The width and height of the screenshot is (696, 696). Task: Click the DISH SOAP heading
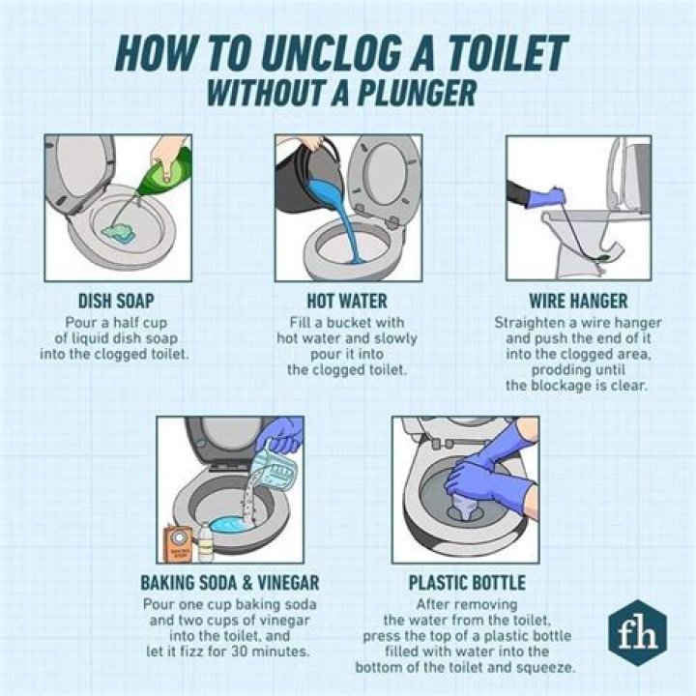(x=115, y=301)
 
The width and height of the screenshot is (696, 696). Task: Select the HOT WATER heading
(x=348, y=301)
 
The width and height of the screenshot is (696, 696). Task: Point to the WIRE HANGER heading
(x=579, y=301)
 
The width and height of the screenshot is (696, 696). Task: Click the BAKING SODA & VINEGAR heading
(x=229, y=583)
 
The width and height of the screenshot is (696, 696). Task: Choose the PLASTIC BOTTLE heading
(x=467, y=583)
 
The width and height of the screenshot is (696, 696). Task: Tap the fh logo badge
(x=632, y=633)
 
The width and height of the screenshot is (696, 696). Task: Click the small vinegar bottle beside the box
(x=206, y=541)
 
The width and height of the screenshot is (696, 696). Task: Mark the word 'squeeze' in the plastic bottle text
(x=547, y=667)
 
